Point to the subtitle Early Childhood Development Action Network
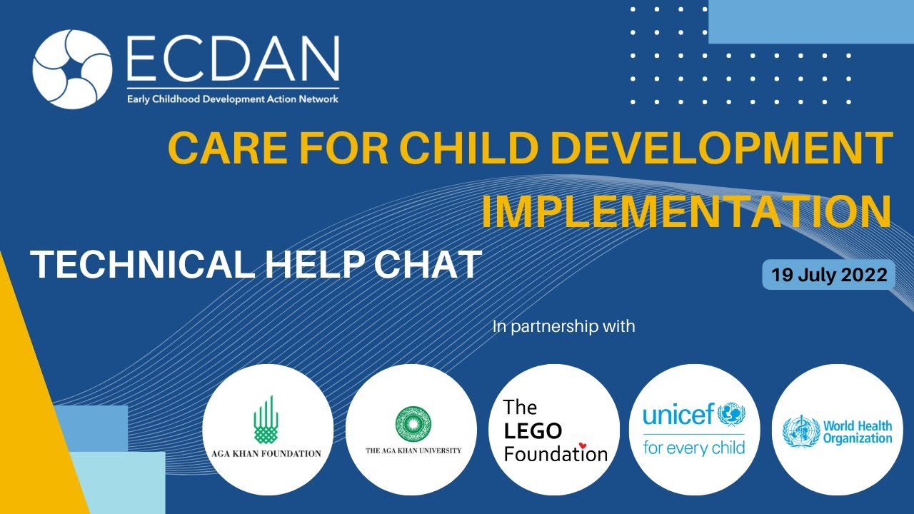232,99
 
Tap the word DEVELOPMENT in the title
723,147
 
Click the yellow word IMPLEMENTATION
686,212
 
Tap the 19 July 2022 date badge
829,275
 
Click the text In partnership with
563,327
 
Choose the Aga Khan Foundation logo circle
268,430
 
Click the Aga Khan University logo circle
411,430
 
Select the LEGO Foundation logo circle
555,430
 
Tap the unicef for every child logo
694,430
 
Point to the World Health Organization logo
837,430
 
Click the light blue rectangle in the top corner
810,21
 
